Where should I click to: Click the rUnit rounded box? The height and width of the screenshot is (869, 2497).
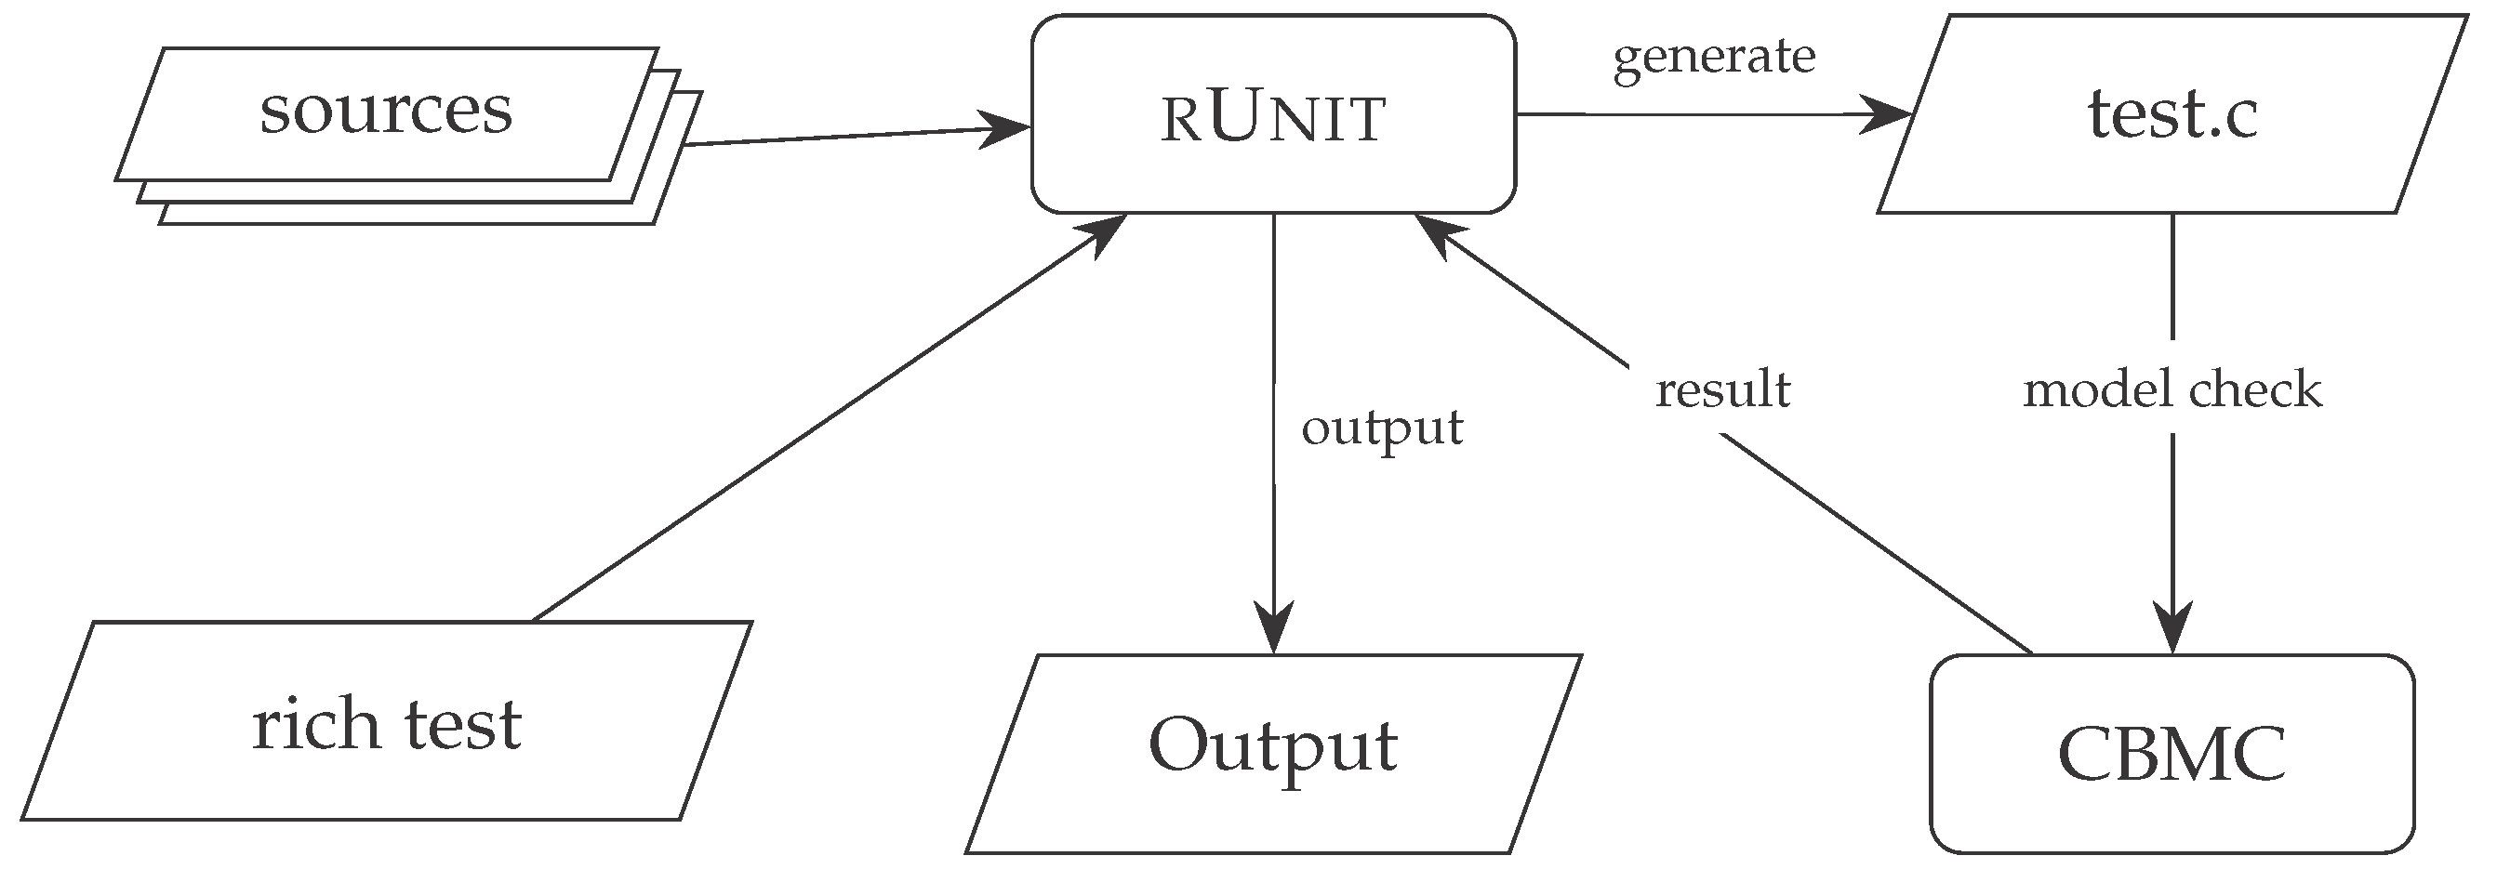pyautogui.click(x=1273, y=114)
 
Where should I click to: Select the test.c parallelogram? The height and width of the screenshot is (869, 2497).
pyautogui.click(x=2172, y=114)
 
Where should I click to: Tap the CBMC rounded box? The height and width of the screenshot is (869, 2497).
pyautogui.click(x=2172, y=754)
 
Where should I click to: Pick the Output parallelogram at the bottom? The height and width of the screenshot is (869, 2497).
pyautogui.click(x=1273, y=754)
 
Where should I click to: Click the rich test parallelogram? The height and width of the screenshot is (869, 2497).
pyautogui.click(x=386, y=722)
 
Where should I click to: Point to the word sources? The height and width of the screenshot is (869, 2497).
pyautogui.click(x=386, y=112)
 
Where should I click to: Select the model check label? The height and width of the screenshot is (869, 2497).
pyautogui.click(x=2172, y=389)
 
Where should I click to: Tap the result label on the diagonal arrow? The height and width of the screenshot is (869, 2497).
pyautogui.click(x=1722, y=390)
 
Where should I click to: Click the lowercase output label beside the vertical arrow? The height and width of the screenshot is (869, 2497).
pyautogui.click(x=1381, y=428)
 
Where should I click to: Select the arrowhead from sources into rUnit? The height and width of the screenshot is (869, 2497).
pyautogui.click(x=1005, y=128)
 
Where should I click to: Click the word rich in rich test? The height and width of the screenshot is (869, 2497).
pyautogui.click(x=315, y=724)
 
